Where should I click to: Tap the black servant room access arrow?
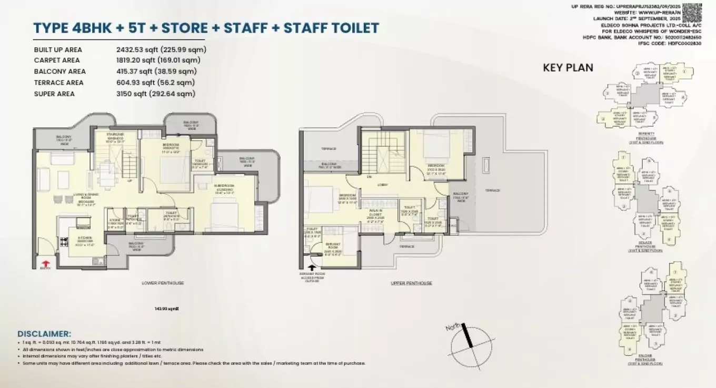click(312, 268)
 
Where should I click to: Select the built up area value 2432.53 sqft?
click(161, 49)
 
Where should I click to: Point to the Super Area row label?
click(54, 94)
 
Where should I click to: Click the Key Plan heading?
click(568, 67)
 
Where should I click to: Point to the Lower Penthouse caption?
click(163, 283)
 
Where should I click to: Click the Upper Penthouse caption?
click(411, 283)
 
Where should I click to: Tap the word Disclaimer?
click(44, 334)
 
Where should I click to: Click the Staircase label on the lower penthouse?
click(115, 135)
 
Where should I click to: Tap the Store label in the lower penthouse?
click(115, 219)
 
